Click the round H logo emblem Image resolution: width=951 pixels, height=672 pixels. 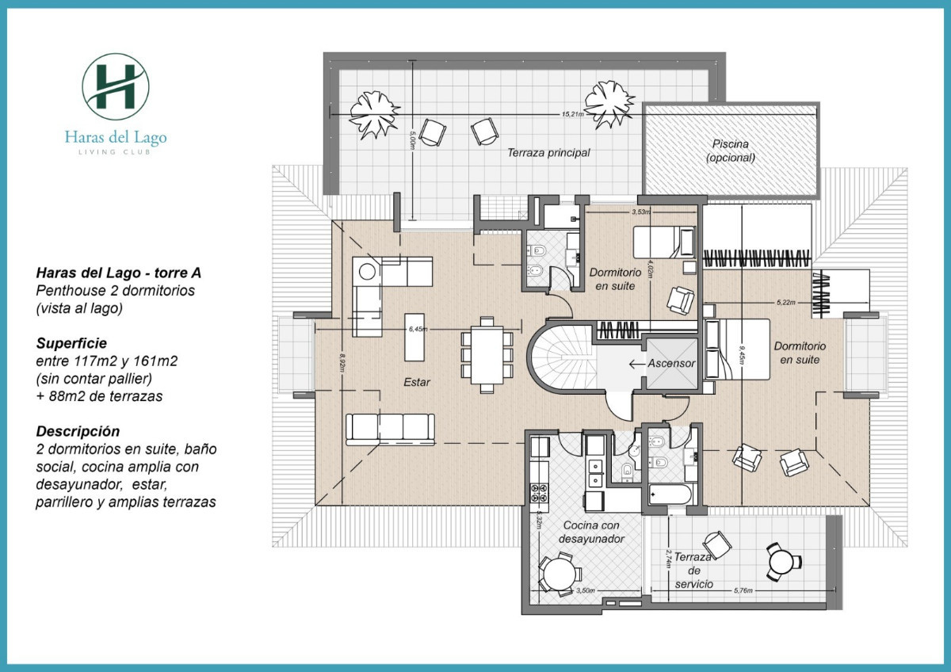point(116,86)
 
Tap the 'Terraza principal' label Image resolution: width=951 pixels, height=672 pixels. point(548,153)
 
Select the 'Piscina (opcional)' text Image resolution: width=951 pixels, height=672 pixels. point(730,151)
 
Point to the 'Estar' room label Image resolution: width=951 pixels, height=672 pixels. point(416,382)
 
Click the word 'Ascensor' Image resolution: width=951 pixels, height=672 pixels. point(671,364)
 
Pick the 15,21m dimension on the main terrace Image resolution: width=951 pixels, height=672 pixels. point(572,114)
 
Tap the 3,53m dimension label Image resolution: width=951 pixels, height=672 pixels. point(640,212)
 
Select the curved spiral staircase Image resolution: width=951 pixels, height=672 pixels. point(560,361)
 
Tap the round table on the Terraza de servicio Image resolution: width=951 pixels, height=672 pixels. point(783,561)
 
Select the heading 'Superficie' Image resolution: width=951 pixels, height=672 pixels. point(71,344)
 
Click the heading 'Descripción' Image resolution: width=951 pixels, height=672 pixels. point(78,432)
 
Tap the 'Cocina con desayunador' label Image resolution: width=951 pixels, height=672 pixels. point(593,532)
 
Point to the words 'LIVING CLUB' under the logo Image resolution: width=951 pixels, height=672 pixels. point(116,151)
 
